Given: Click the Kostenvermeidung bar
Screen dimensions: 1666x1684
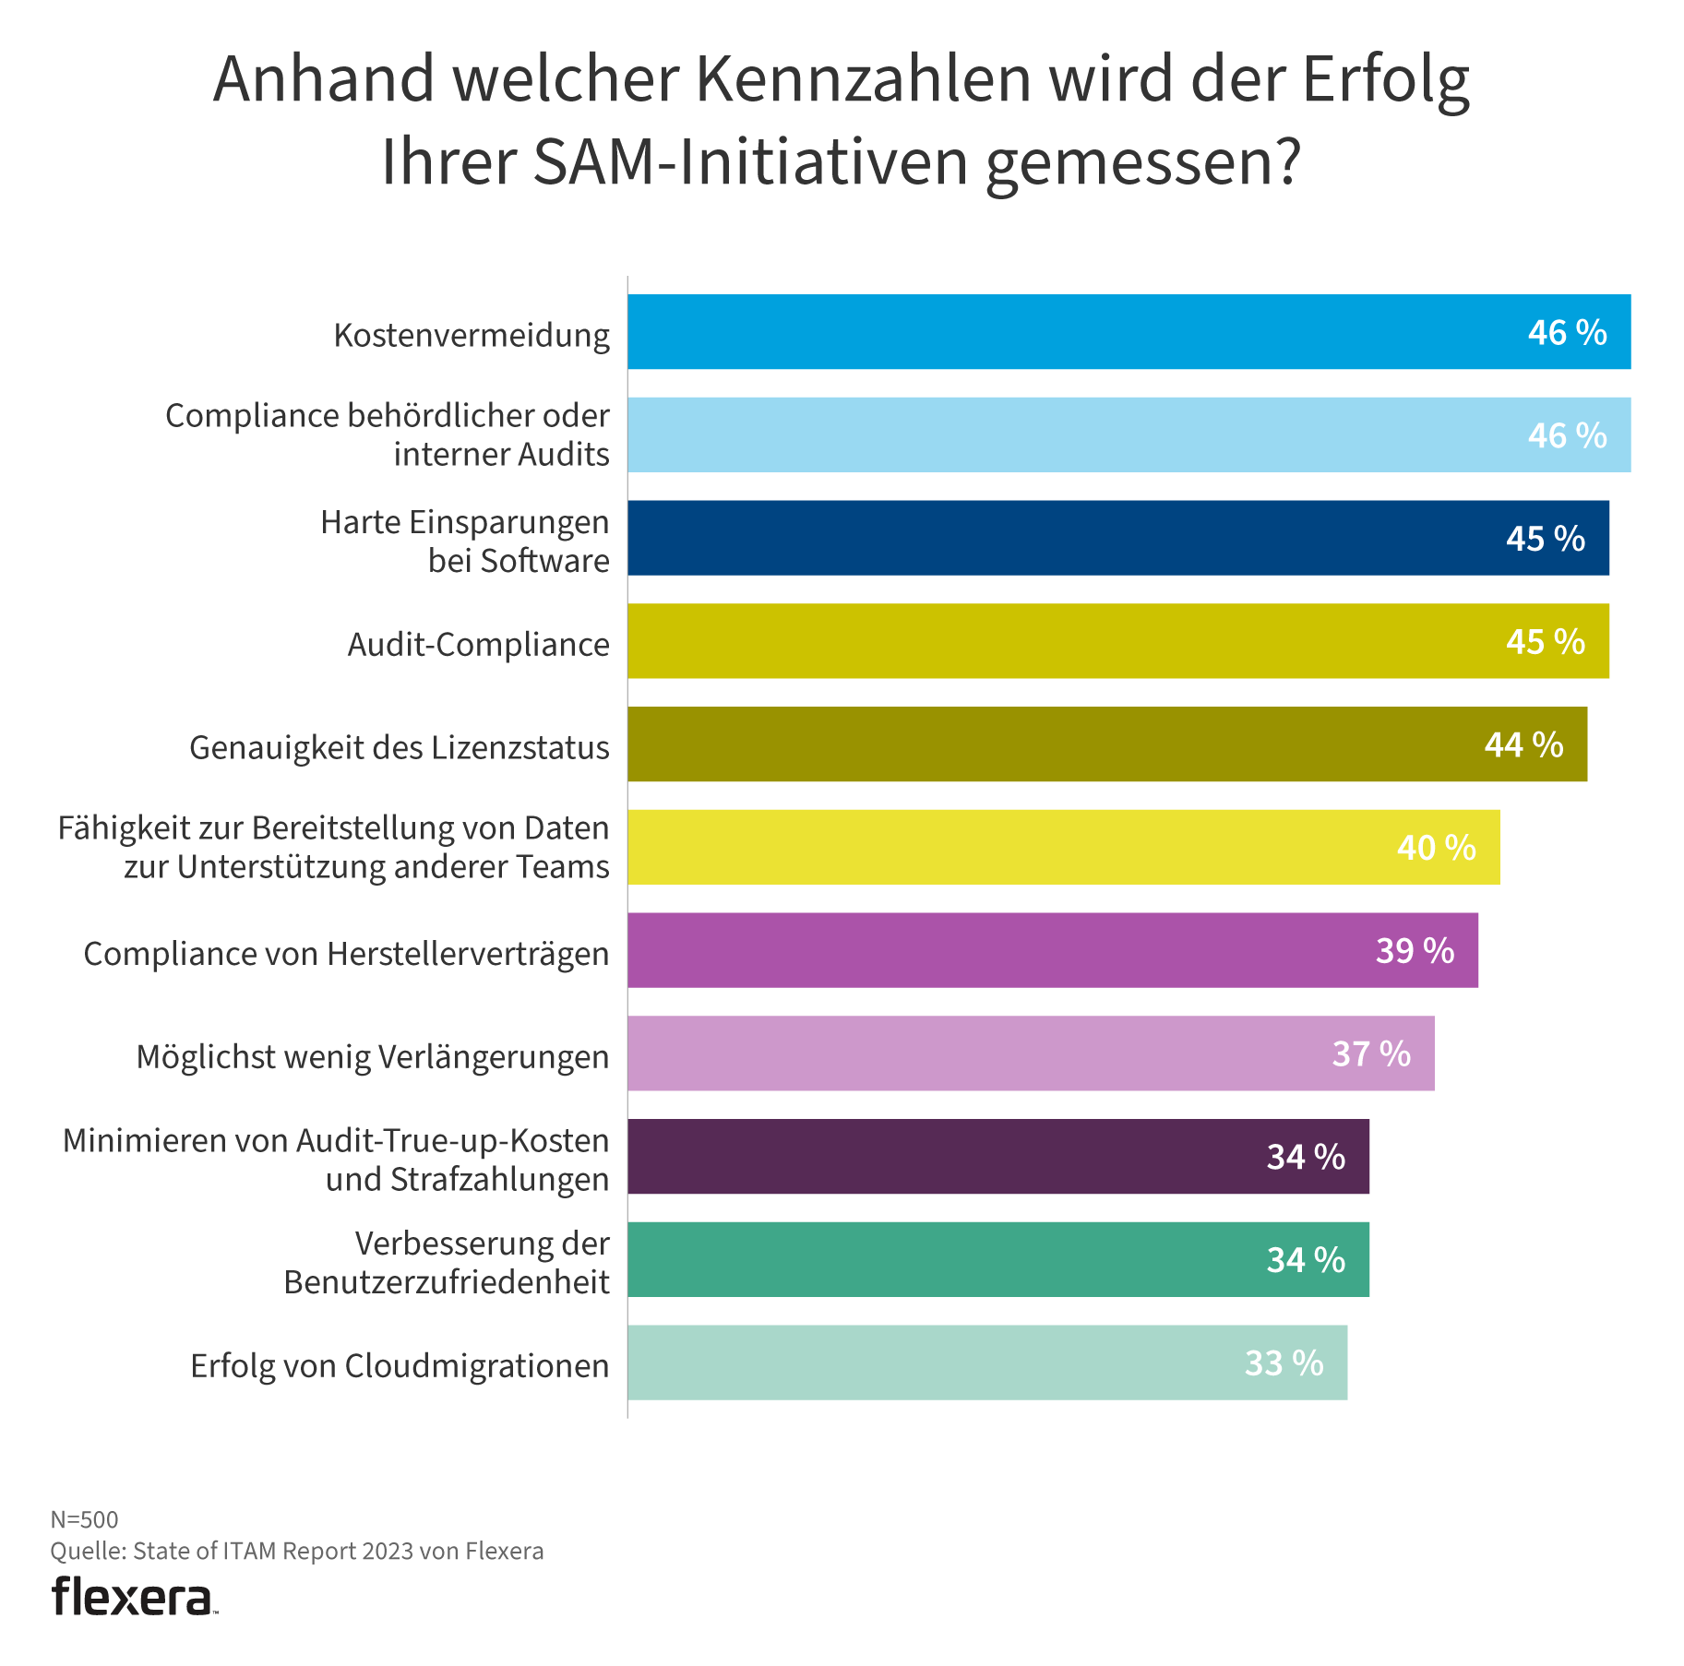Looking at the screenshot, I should pyautogui.click(x=1128, y=332).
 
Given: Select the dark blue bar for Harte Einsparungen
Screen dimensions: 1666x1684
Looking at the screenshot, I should pyautogui.click(x=1117, y=538).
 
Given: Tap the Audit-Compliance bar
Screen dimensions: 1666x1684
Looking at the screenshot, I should pyautogui.click(x=1117, y=641).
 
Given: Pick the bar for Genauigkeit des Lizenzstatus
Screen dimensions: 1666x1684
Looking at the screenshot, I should pyautogui.click(x=1106, y=744).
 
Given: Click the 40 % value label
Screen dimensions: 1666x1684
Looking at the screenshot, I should pyautogui.click(x=1436, y=848).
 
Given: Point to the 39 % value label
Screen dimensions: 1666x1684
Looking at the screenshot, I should pyautogui.click(x=1415, y=951).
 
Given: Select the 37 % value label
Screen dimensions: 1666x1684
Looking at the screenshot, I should pyautogui.click(x=1371, y=1054).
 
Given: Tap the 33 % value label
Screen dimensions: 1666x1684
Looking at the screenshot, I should pyautogui.click(x=1284, y=1363).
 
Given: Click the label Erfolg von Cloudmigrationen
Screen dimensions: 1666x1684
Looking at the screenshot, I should pyautogui.click(x=400, y=1366).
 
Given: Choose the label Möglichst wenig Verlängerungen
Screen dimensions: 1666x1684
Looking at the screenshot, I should pyautogui.click(x=372, y=1057).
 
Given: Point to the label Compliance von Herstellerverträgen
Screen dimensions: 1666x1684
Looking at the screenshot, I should pyautogui.click(x=346, y=954).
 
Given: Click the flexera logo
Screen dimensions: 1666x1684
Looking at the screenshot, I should pyautogui.click(x=134, y=1598).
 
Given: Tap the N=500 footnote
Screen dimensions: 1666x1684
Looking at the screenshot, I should pyautogui.click(x=84, y=1519).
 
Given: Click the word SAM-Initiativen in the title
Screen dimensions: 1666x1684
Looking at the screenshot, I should pyautogui.click(x=750, y=161).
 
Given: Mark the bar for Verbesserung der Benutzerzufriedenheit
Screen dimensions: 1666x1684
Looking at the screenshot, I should pyautogui.click(x=997, y=1260).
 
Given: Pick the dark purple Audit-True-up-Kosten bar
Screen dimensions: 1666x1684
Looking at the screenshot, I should pyautogui.click(x=997, y=1157).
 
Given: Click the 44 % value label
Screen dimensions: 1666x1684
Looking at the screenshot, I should pyautogui.click(x=1523, y=744).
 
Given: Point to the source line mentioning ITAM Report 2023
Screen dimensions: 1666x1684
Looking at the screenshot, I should pyautogui.click(x=296, y=1551).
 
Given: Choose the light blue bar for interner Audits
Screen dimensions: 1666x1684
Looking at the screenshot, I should pyautogui.click(x=1128, y=435).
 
